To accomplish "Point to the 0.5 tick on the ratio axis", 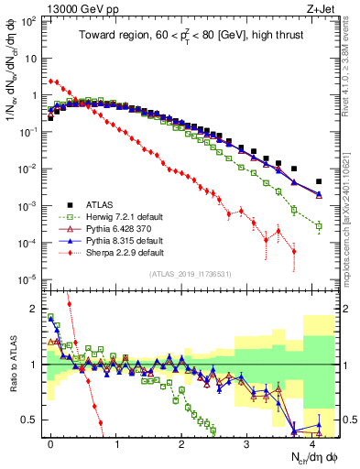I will [31, 420].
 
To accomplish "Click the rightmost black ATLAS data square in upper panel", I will [319, 181].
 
